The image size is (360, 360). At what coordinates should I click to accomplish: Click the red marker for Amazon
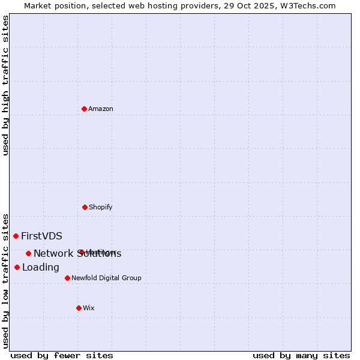click(84, 109)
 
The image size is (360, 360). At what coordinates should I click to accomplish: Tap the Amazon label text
click(101, 109)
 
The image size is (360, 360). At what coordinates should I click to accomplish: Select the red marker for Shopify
click(85, 207)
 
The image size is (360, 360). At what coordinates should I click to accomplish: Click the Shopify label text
click(101, 208)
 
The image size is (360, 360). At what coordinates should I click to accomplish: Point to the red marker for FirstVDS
click(16, 236)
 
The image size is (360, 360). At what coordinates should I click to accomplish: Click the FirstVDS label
click(41, 236)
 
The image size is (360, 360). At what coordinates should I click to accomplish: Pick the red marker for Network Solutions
click(28, 253)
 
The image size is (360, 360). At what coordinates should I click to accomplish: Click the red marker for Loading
click(17, 267)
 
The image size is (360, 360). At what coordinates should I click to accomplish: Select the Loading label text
click(41, 268)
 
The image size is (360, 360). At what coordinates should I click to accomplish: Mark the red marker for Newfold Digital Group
click(67, 278)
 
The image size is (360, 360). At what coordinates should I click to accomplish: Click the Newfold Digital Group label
click(106, 278)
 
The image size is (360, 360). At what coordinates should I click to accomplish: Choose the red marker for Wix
click(79, 308)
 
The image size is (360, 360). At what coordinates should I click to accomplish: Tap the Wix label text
click(89, 308)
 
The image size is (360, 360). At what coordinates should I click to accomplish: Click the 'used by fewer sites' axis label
click(62, 355)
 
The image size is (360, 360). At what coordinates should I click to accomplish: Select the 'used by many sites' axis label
click(301, 355)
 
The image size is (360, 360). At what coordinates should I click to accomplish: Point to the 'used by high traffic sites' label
click(5, 85)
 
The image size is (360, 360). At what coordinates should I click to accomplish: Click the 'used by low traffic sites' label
click(5, 281)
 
